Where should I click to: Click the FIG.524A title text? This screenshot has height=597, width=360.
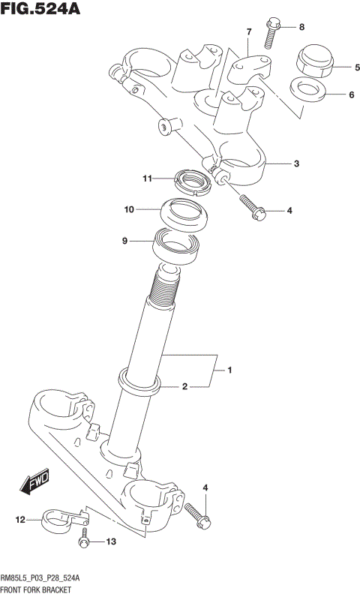tap(41, 10)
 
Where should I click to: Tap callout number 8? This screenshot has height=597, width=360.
tap(301, 28)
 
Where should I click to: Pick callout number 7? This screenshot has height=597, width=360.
tap(247, 31)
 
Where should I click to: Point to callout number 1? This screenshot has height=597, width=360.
tap(231, 370)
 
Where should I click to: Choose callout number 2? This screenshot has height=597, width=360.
tap(184, 386)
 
